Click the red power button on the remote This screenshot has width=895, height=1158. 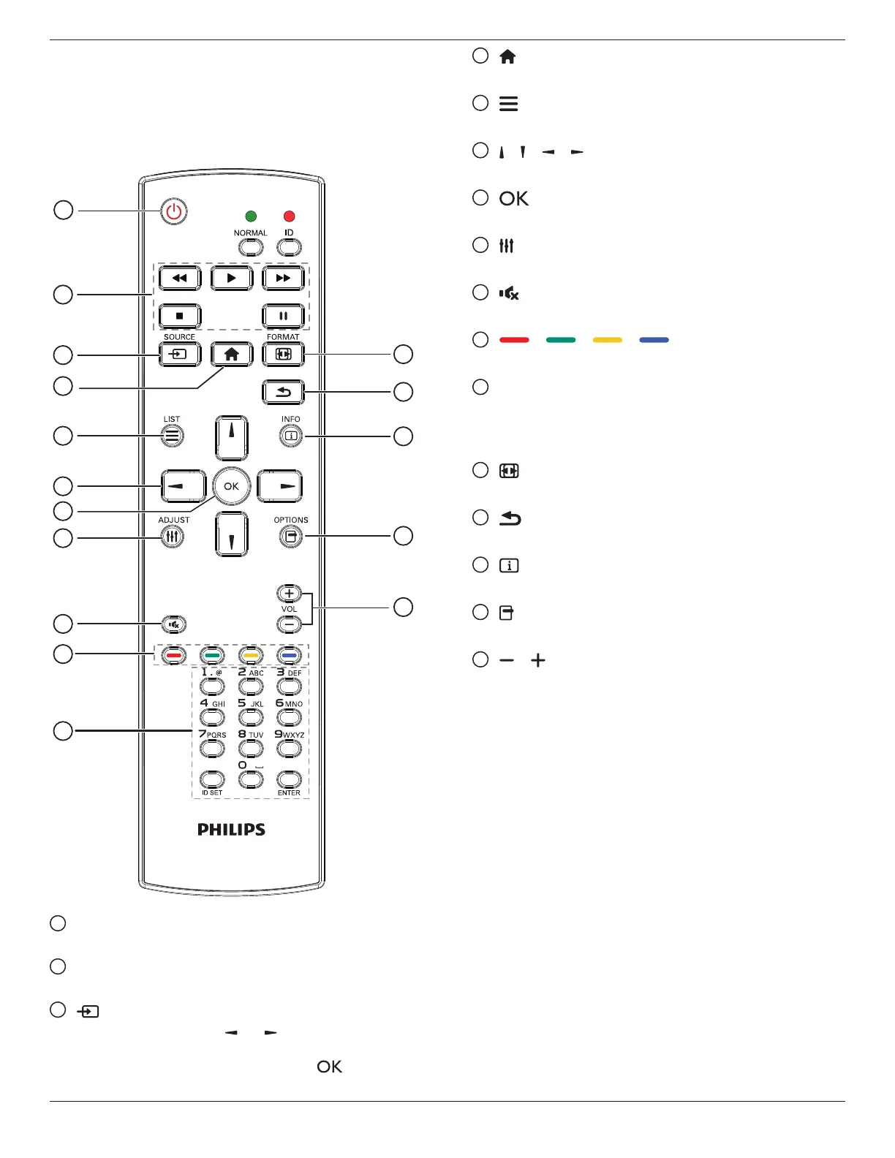click(x=173, y=212)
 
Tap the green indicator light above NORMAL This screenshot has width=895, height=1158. click(x=251, y=216)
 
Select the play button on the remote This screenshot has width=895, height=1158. click(x=231, y=279)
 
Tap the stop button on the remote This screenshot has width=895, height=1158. click(x=179, y=317)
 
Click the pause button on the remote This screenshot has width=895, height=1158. click(x=283, y=317)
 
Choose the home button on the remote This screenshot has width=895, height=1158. click(x=232, y=355)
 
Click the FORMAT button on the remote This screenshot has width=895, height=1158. click(x=283, y=354)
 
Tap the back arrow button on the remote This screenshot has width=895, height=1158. click(x=283, y=393)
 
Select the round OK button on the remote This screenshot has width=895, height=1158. click(x=231, y=486)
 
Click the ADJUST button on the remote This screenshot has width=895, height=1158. click(x=173, y=537)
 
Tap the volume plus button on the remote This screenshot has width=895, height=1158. click(x=289, y=594)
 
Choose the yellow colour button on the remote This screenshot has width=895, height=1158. click(x=251, y=656)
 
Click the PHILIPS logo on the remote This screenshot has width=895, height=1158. click(x=231, y=830)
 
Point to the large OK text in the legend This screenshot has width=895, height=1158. click(x=513, y=199)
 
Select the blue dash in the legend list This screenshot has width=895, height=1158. click(x=654, y=340)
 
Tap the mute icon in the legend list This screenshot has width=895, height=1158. click(x=509, y=293)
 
